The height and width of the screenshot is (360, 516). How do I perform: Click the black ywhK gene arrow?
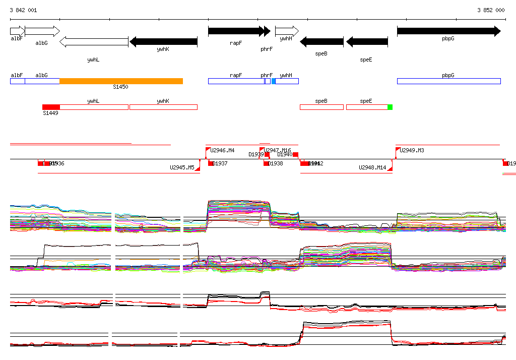click(163, 42)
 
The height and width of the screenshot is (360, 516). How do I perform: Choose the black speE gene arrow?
click(366, 42)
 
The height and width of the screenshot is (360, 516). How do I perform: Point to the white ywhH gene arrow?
click(287, 31)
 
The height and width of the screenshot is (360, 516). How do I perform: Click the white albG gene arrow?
click(42, 31)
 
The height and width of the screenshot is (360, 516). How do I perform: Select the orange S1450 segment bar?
click(121, 81)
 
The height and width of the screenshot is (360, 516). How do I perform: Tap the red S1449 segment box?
click(51, 107)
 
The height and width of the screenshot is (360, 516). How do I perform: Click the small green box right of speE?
click(390, 107)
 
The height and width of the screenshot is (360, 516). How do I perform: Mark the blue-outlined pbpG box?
click(448, 81)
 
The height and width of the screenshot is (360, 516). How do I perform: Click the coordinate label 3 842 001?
click(23, 10)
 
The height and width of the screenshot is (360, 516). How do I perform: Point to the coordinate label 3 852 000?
click(491, 10)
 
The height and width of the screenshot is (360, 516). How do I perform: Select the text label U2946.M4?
click(222, 150)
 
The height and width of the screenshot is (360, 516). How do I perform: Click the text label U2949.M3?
click(412, 150)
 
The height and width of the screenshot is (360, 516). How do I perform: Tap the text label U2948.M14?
click(372, 167)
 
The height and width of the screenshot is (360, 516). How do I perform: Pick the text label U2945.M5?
click(182, 167)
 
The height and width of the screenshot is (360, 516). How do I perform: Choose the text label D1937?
click(220, 163)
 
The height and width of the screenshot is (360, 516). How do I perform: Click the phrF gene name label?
click(267, 49)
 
